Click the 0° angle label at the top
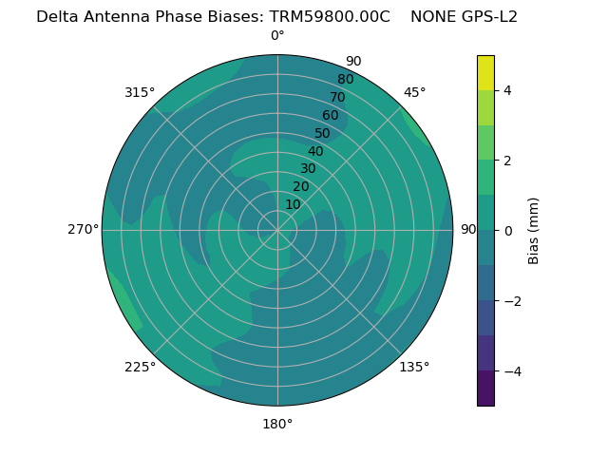(x=277, y=36)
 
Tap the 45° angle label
(x=414, y=92)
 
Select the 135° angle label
(x=414, y=367)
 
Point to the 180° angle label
(x=277, y=424)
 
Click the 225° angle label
(x=140, y=367)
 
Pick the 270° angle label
(x=84, y=229)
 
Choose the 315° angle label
(x=140, y=92)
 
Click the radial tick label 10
(x=293, y=204)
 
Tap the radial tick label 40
(x=315, y=151)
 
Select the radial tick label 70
(x=337, y=97)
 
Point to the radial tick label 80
(x=345, y=79)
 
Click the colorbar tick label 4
(x=507, y=90)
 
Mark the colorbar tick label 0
(x=507, y=230)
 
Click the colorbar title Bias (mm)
(x=534, y=230)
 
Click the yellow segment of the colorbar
(x=485, y=72)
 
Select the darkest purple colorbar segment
(x=485, y=389)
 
